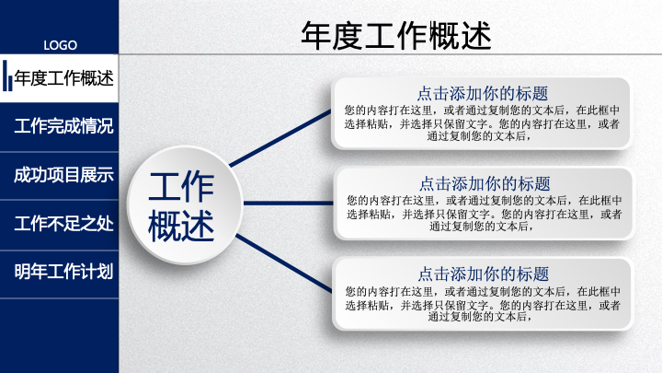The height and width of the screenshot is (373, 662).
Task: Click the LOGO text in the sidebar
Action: tap(60, 45)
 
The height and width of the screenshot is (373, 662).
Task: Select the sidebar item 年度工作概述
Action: tap(63, 78)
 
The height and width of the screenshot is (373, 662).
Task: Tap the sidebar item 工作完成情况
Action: tap(63, 126)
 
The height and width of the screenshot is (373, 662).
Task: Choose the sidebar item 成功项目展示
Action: tap(63, 175)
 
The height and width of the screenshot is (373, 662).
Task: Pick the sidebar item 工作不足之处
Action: tap(63, 223)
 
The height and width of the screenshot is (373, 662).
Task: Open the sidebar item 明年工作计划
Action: tap(63, 272)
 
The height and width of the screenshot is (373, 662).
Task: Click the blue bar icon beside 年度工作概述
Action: tap(7, 76)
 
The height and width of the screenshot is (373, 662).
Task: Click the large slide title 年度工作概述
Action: tap(396, 36)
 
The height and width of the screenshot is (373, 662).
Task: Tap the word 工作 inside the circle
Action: tap(181, 186)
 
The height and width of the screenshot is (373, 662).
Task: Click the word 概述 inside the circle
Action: tap(181, 226)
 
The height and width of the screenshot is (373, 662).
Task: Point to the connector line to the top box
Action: tap(280, 138)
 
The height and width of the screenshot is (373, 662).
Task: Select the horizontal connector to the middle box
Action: tap(289, 203)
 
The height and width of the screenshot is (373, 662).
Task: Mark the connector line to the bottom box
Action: tap(284, 263)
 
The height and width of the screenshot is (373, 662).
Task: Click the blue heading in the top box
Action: tap(483, 93)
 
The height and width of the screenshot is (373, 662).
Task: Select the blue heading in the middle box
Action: tap(485, 184)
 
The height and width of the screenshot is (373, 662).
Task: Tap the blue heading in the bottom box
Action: tap(484, 274)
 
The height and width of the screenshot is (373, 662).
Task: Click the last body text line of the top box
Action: tap(479, 136)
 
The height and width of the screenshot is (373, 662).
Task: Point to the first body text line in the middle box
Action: tap(485, 200)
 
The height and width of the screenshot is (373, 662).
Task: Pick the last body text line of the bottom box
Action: tap(480, 317)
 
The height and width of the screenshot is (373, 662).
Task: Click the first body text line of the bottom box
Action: tap(483, 291)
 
